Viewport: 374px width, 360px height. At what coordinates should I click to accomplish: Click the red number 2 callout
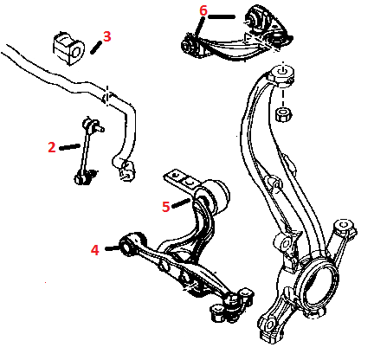[52, 147]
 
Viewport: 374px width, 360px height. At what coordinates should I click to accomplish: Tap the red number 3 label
[107, 36]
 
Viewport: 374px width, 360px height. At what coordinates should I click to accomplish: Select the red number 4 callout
[95, 250]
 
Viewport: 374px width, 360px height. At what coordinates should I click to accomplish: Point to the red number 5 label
[166, 207]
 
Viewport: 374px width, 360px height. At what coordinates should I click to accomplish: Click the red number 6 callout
[203, 10]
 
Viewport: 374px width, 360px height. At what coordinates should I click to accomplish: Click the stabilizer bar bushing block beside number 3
[68, 48]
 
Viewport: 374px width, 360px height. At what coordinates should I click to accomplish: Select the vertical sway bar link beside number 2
[86, 150]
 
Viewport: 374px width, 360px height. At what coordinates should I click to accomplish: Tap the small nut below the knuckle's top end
[283, 114]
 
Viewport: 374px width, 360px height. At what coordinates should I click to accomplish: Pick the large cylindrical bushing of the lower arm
[218, 196]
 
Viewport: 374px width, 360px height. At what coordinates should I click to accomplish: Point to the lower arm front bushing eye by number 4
[128, 245]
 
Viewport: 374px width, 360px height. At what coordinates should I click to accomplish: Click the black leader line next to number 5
[181, 203]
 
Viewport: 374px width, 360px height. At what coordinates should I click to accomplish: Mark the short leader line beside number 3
[95, 47]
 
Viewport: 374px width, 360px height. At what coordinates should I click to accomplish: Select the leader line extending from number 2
[69, 147]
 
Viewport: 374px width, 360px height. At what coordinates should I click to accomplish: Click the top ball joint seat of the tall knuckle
[281, 74]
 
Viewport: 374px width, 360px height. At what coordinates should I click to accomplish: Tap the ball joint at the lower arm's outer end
[233, 305]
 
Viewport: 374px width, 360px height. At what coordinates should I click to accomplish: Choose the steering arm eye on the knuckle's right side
[344, 227]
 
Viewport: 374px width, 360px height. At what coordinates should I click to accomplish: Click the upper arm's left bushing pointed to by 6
[190, 46]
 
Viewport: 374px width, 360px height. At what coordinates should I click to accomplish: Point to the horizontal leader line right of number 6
[222, 16]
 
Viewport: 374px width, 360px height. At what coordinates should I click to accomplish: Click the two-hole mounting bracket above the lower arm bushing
[180, 179]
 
